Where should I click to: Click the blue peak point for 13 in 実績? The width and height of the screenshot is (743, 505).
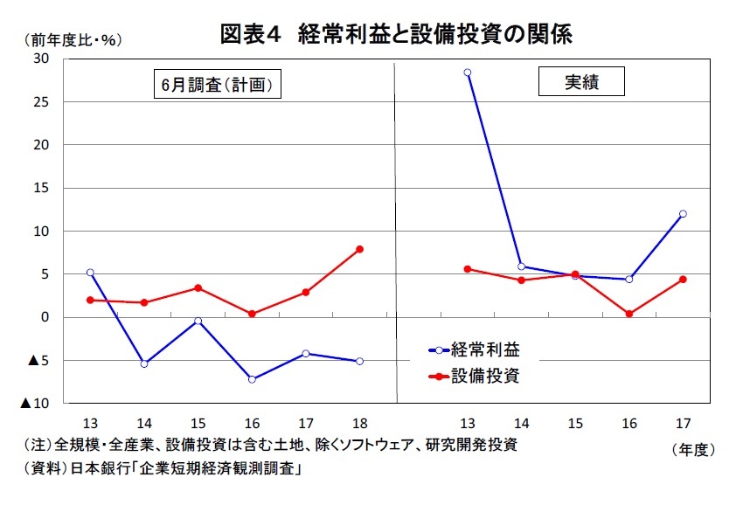pos(468,73)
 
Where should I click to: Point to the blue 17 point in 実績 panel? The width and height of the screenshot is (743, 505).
pos(683,213)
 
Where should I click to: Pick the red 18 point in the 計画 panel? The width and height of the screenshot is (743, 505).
pos(359,249)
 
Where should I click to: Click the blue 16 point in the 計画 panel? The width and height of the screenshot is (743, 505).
pos(252,379)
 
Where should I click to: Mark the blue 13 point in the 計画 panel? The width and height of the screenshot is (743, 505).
pos(90,273)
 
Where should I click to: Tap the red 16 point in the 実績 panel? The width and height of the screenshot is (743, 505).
pos(629,314)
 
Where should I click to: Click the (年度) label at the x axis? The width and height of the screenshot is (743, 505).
pos(693,449)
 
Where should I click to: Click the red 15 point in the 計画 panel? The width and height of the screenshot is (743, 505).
pos(198,287)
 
